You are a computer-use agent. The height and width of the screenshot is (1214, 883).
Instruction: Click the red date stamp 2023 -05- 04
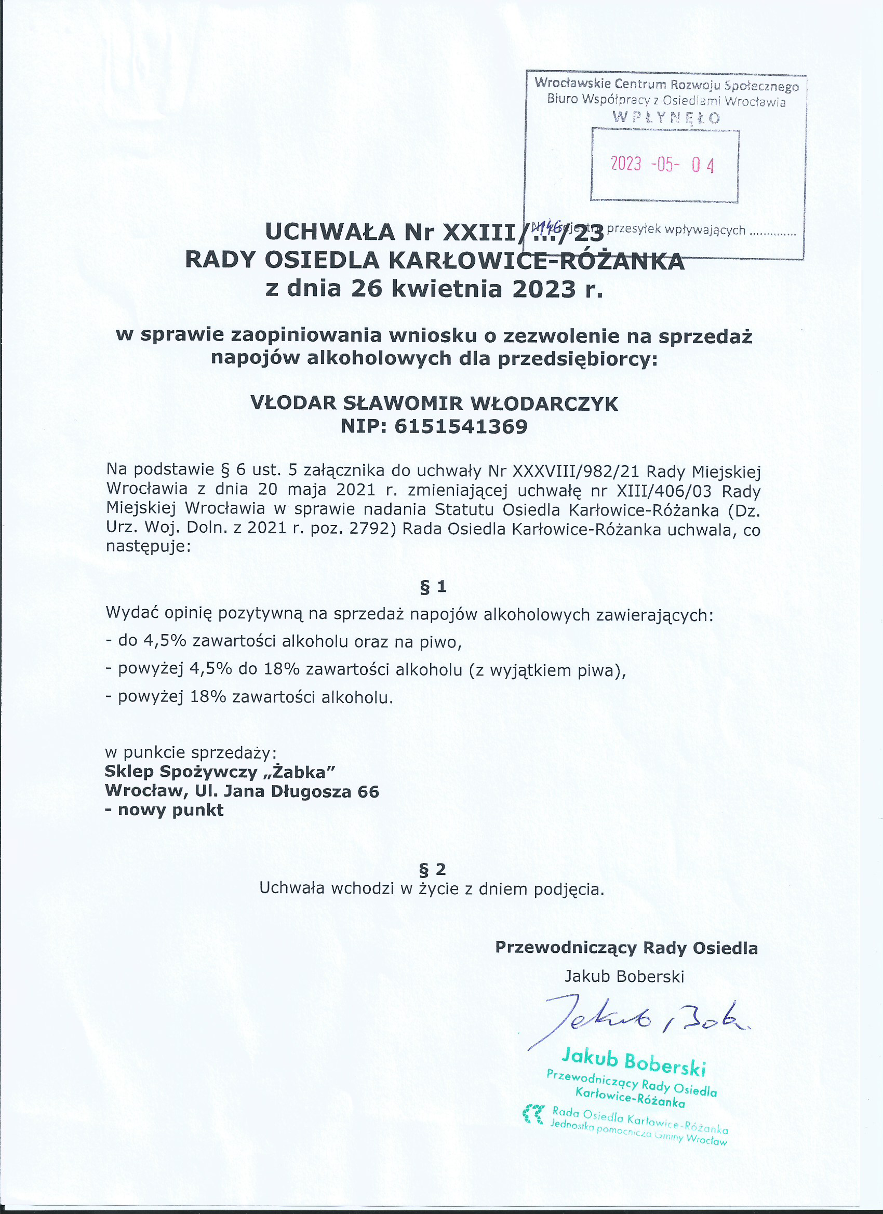tap(662, 164)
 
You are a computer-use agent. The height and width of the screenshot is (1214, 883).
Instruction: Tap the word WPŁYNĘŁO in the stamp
tap(666, 118)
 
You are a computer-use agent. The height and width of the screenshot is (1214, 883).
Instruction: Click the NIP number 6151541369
tap(461, 427)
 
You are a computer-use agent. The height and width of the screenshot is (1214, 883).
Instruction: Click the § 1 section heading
tap(433, 587)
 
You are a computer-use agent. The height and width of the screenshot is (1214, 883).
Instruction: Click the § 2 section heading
tap(433, 868)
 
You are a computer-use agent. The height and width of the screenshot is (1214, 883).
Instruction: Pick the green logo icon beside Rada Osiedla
tap(533, 1113)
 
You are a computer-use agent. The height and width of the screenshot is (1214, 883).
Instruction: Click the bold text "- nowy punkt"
tap(164, 810)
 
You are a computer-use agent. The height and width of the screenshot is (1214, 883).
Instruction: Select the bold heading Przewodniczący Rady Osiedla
tap(626, 948)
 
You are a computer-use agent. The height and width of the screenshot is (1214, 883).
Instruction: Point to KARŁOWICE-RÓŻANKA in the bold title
tap(536, 261)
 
